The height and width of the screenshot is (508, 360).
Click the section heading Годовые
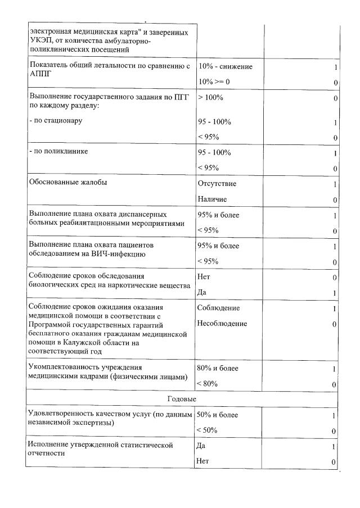tap(182, 399)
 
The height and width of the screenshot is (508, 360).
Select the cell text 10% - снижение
tap(225, 67)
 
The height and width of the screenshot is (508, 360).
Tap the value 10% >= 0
tap(214, 82)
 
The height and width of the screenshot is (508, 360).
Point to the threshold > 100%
tap(211, 98)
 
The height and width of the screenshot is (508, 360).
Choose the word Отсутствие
tap(217, 184)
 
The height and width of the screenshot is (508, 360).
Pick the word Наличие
tap(213, 199)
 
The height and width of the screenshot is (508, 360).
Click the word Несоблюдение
tap(222, 324)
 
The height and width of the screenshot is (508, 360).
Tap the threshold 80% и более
tap(218, 369)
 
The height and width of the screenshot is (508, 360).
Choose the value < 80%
tap(208, 384)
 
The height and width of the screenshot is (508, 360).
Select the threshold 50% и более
tap(218, 415)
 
